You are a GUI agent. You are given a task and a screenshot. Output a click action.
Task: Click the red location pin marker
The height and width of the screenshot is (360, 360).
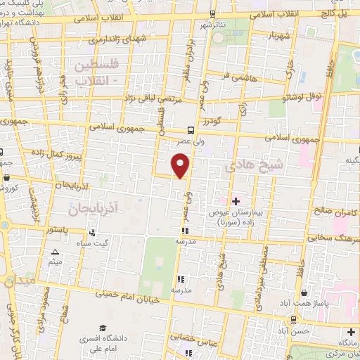181,165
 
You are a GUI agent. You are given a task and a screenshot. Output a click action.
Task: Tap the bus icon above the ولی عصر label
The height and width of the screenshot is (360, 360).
190,129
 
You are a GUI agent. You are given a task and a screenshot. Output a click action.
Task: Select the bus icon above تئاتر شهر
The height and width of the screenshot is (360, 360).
213,14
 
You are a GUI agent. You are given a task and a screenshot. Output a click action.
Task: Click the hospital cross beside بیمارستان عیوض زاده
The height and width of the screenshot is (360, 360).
236,201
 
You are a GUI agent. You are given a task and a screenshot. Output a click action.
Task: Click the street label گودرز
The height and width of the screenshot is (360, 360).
210,122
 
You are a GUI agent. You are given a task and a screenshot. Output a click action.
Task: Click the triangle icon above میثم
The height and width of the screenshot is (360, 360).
55,252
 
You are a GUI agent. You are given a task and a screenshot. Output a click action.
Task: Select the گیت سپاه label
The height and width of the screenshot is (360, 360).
94,243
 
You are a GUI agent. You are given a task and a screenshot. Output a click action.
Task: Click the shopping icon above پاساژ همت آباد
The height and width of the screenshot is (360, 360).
303,292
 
